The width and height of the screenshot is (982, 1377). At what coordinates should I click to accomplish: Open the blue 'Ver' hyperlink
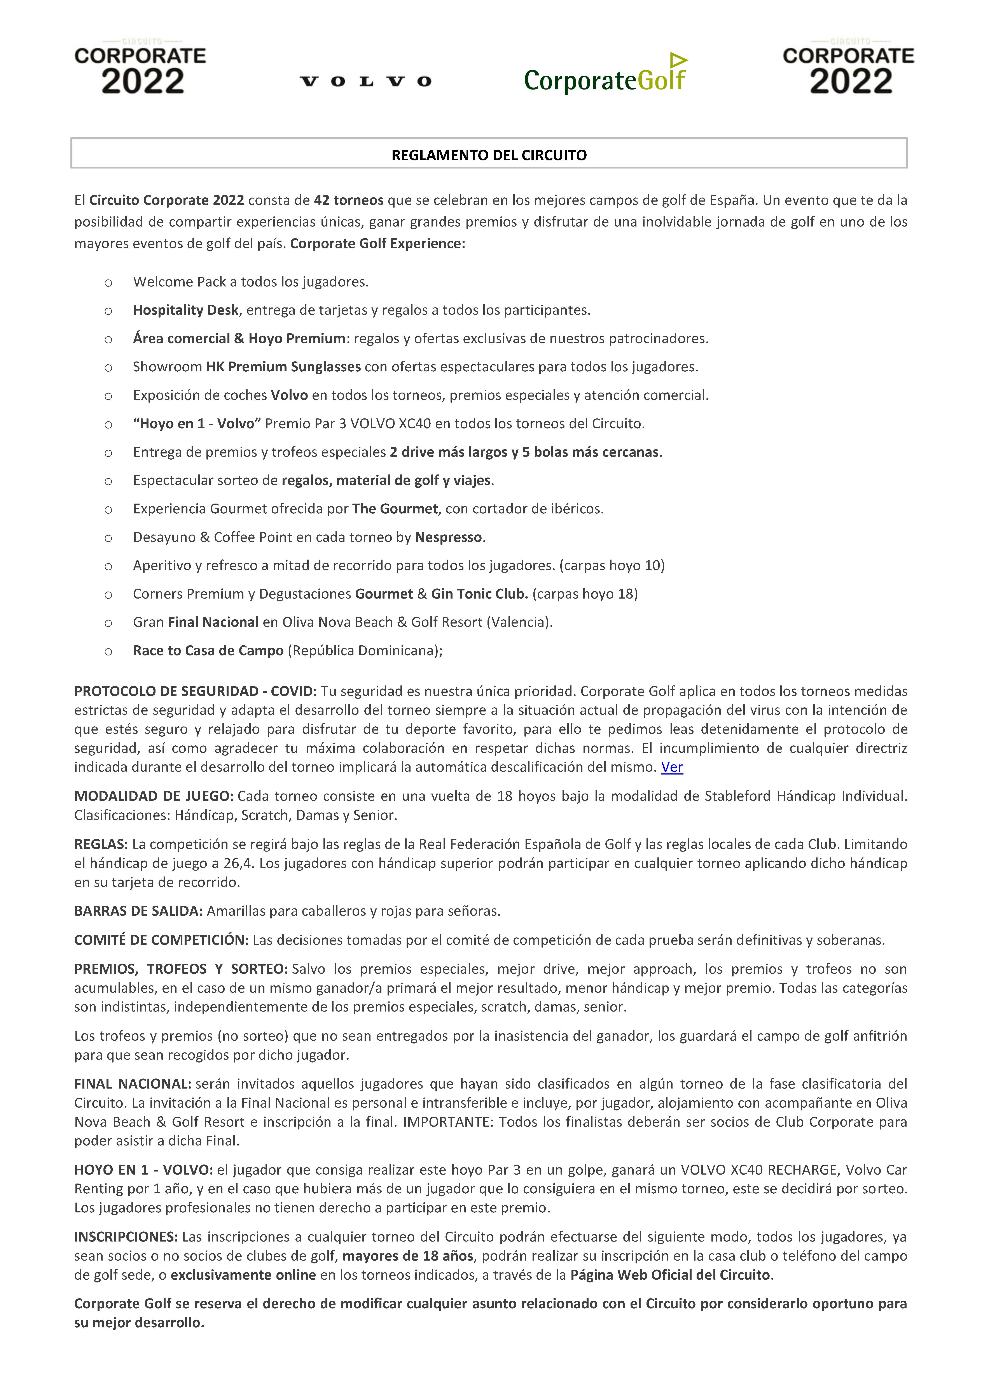(x=672, y=767)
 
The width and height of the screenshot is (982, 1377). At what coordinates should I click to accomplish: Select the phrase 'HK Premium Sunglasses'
(x=284, y=367)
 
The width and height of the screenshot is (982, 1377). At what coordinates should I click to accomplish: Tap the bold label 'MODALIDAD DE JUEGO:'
(x=154, y=796)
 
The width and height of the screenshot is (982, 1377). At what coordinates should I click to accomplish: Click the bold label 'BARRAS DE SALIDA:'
(x=138, y=911)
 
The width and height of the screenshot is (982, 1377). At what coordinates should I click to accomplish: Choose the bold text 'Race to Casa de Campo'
(x=208, y=651)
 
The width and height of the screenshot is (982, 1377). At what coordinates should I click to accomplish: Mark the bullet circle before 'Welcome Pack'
(x=108, y=283)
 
